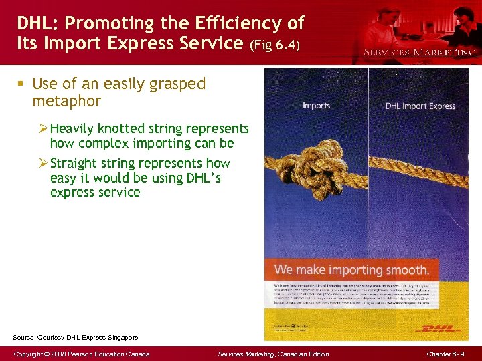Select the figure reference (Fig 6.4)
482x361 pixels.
[x=276, y=46]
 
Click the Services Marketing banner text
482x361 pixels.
[x=420, y=51]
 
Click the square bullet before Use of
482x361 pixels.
[x=21, y=84]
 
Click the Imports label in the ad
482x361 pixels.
[x=316, y=106]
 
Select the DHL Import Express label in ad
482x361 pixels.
[x=420, y=106]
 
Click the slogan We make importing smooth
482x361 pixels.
[x=351, y=270]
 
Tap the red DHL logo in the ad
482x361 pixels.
[x=438, y=328]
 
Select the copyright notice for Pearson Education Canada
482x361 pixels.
[x=83, y=354]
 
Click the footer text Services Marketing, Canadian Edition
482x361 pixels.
[x=274, y=354]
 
